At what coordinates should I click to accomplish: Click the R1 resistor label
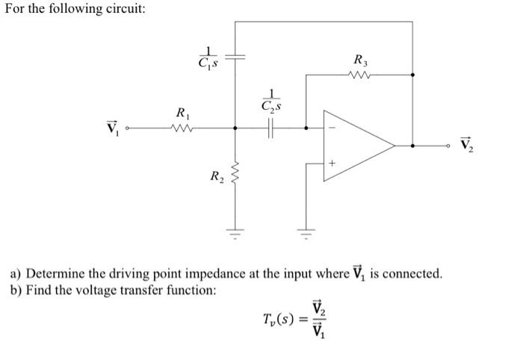(182, 114)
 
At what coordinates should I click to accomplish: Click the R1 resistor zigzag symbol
(182, 128)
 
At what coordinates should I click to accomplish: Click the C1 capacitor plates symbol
(235, 57)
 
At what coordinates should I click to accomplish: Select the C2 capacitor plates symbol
(270, 128)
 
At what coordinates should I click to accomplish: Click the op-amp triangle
(357, 146)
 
